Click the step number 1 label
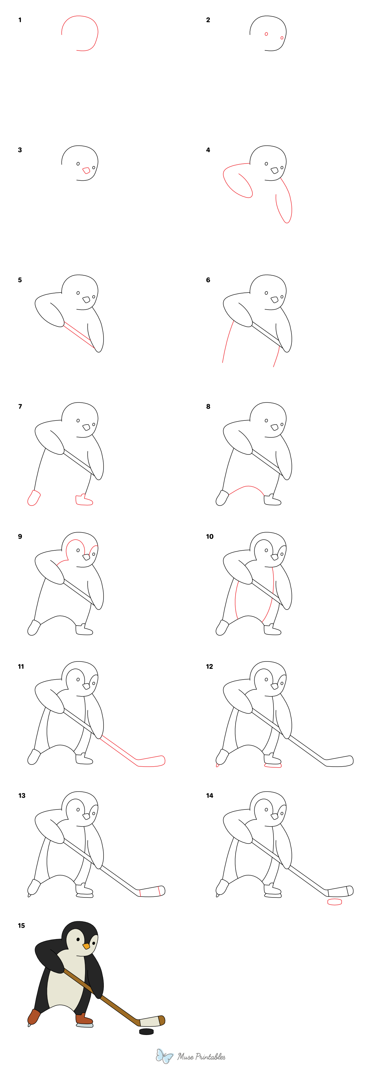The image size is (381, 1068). coord(20,20)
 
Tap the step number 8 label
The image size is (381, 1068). coord(208,406)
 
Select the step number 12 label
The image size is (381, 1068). coord(209,666)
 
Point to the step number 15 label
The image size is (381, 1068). coord(22,925)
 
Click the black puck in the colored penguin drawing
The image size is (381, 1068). coord(146,1031)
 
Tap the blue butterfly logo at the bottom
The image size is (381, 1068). coord(164,1056)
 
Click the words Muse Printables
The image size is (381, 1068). coord(202,1056)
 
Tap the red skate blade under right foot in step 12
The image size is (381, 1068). coord(273,766)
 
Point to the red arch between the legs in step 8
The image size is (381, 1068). coord(247,487)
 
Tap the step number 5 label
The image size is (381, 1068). coord(20,280)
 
